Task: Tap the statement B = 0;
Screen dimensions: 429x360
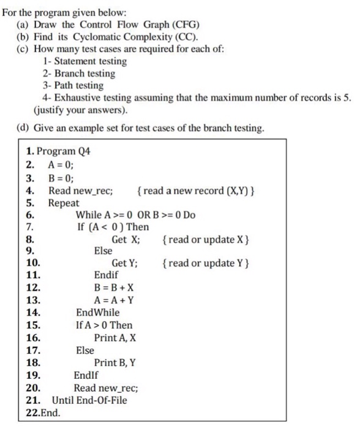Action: point(61,178)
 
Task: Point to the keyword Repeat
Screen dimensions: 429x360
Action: point(64,203)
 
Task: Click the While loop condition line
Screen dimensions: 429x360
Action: point(135,215)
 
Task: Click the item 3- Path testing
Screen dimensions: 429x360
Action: point(73,86)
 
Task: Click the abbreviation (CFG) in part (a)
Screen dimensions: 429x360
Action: point(183,25)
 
